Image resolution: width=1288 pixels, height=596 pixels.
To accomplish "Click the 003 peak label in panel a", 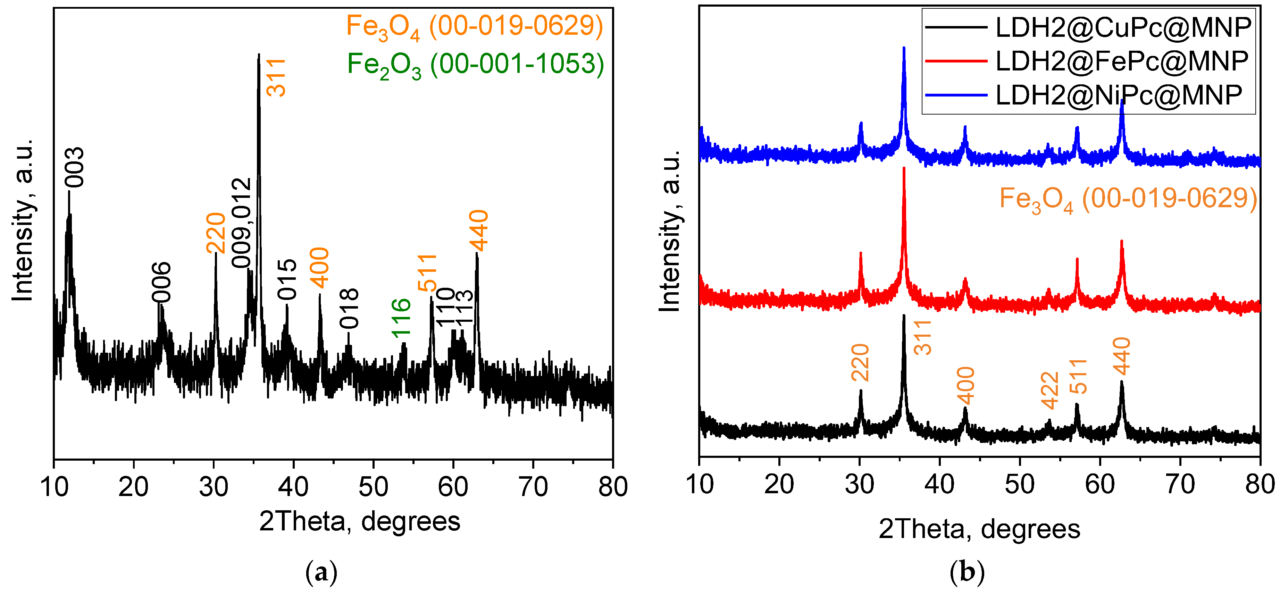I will click(x=75, y=168).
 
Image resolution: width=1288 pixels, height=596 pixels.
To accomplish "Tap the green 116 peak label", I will click(x=401, y=318).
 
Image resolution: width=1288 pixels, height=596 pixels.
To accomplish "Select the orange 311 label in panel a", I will click(x=276, y=77).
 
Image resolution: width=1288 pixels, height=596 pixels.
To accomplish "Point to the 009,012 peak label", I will click(x=242, y=223).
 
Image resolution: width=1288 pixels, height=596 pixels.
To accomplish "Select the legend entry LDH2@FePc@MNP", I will click(x=1122, y=61).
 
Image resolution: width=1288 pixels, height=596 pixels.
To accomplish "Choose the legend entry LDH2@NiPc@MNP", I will click(x=1119, y=95).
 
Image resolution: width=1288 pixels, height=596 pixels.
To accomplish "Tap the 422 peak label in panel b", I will click(x=1050, y=391).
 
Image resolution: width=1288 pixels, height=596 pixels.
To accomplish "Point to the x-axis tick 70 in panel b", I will click(x=1180, y=484).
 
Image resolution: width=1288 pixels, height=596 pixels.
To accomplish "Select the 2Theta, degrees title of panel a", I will click(x=360, y=521).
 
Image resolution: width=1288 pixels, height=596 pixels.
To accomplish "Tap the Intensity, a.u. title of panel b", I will click(x=670, y=230).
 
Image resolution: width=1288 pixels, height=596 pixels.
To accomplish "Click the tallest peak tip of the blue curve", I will click(x=903, y=48).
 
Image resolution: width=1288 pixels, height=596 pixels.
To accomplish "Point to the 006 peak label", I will click(x=161, y=283).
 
